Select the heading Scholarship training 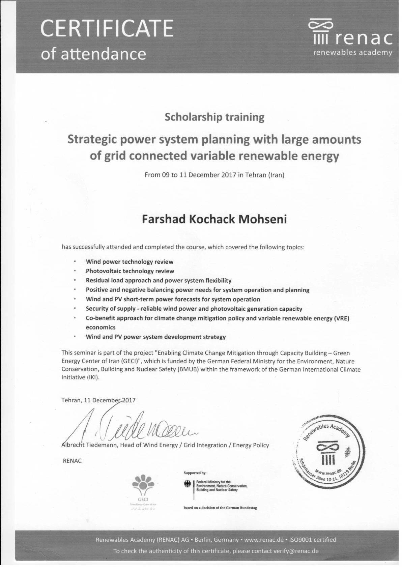click(214, 117)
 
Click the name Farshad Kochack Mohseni click(214, 220)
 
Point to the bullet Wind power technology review click(130, 262)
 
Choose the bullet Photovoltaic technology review click(130, 271)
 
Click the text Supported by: click(195, 473)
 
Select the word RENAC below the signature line click(72, 461)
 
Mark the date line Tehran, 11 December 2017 click(98, 400)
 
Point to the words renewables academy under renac click(353, 53)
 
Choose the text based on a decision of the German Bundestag click(220, 508)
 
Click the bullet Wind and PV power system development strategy click(155, 337)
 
